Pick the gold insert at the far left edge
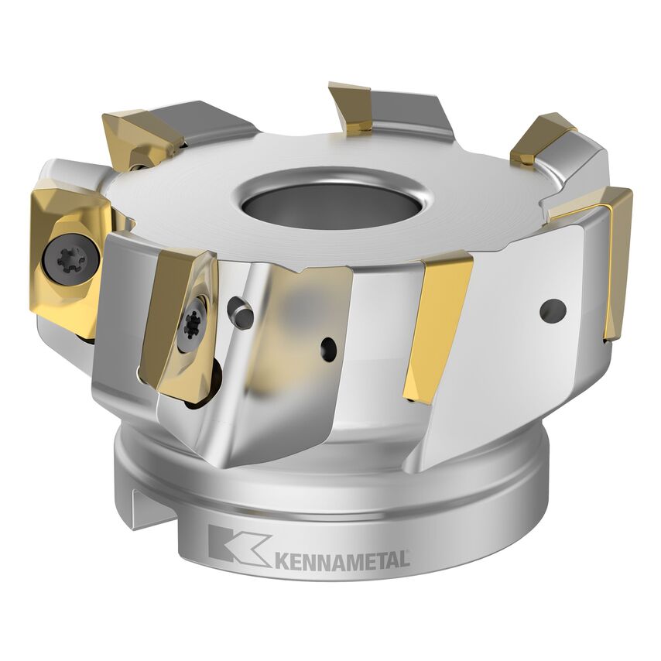tap(65, 255)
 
